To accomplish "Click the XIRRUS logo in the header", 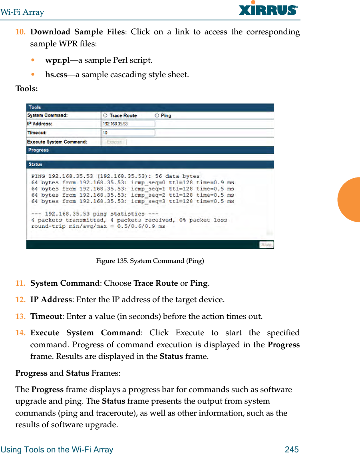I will click(268, 9).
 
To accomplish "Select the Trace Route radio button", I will click(105, 115).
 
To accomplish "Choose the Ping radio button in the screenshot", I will click(157, 115).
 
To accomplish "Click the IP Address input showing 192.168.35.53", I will click(128, 124).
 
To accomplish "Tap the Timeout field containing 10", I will click(128, 133).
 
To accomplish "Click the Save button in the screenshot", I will click(266, 245).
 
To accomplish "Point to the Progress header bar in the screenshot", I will click(150, 150).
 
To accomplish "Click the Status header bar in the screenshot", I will click(150, 164).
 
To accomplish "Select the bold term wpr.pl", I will click(58, 60).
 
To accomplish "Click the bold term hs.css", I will click(56, 74).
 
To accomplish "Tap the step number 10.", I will click(20, 32).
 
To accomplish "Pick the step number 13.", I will click(20, 316).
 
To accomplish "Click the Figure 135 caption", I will click(150, 261).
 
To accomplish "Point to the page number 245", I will click(292, 450).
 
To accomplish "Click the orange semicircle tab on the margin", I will click(350, 200).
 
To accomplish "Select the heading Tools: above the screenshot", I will click(26, 88).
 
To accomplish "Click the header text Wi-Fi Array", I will click(22, 12).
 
